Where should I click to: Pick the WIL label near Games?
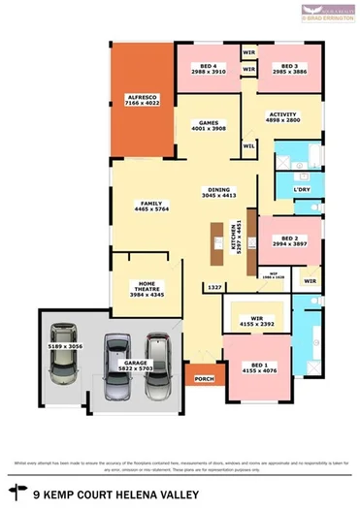pyautogui.click(x=248, y=145)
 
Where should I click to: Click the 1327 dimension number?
pyautogui.click(x=213, y=287)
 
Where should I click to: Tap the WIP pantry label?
pyautogui.click(x=274, y=273)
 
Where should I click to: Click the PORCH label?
pyautogui.click(x=204, y=379)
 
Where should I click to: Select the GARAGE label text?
pyautogui.click(x=122, y=336)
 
